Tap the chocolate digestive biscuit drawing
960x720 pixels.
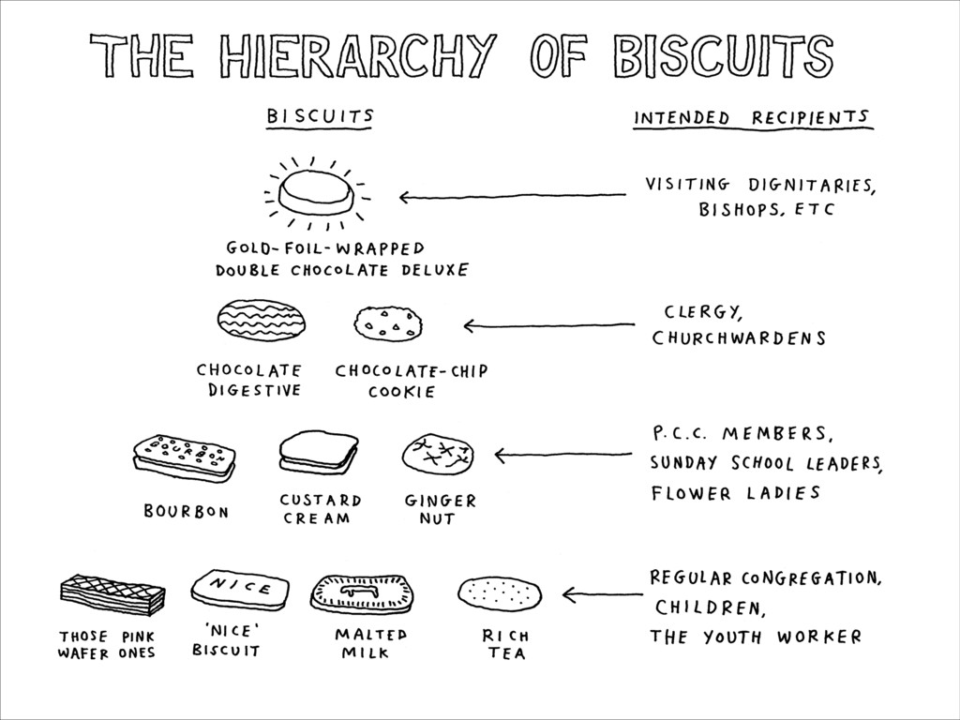[x=263, y=321]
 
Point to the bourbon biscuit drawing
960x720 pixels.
[x=183, y=457]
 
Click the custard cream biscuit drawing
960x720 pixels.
[x=319, y=453]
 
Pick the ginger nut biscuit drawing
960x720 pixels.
[x=437, y=454]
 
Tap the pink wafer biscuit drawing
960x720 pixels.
[x=112, y=592]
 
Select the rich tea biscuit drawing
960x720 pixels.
[x=499, y=592]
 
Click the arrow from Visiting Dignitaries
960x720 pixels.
[x=512, y=196]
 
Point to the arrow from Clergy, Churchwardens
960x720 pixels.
[x=548, y=326]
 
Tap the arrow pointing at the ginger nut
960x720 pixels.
[x=563, y=456]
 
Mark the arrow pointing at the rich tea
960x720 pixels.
[x=602, y=593]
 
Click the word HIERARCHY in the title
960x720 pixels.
[x=360, y=55]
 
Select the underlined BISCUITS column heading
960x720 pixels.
[x=320, y=116]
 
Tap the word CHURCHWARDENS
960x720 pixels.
[x=739, y=337]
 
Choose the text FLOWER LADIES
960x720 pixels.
[x=736, y=492]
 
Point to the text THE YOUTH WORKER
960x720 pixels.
[x=755, y=637]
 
